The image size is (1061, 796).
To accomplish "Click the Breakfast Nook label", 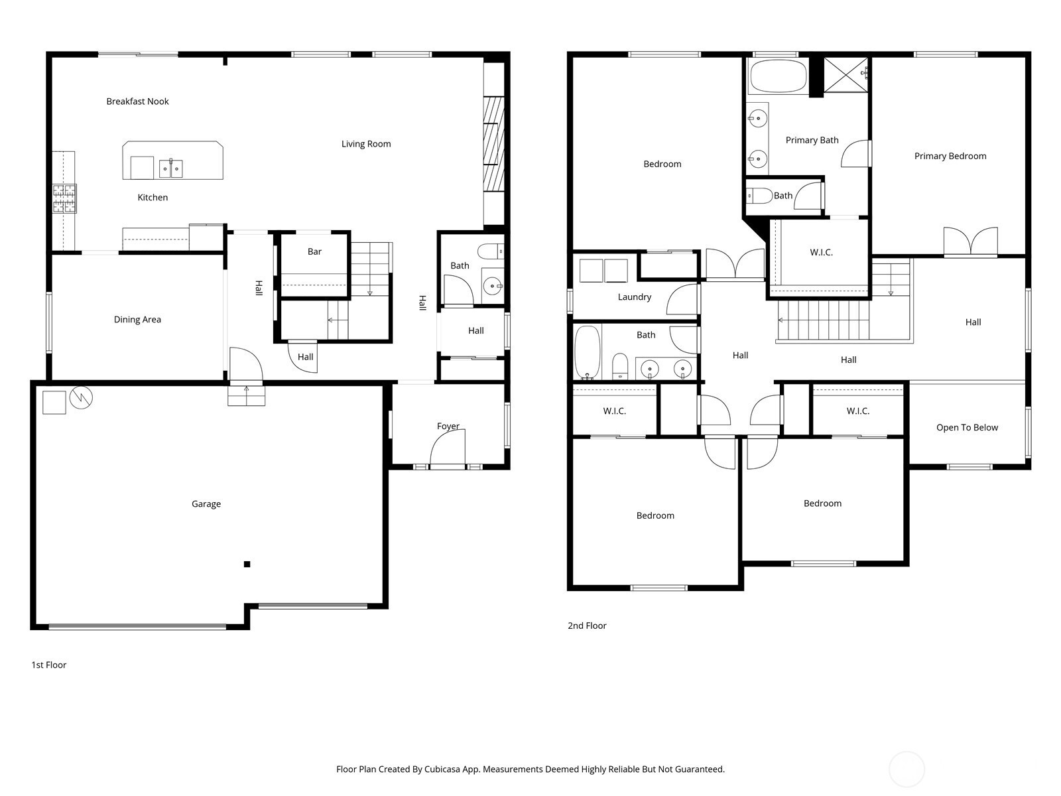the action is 137,101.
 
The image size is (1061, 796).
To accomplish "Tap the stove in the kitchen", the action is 64,198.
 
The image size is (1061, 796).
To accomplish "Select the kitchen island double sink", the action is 170,168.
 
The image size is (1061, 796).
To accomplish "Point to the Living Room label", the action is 366,144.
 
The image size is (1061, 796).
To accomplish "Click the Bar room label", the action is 314,252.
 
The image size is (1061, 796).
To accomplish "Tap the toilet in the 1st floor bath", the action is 491,251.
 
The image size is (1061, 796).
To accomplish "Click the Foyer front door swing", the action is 448,447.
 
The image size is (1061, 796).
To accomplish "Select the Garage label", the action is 206,504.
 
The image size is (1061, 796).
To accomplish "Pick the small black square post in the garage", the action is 247,564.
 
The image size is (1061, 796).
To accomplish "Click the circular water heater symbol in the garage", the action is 81,398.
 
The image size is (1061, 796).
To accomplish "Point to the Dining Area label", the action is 137,320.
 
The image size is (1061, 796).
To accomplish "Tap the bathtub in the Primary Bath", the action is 778,76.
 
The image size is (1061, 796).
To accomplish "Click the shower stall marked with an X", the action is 846,75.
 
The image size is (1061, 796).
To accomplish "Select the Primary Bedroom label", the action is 950,156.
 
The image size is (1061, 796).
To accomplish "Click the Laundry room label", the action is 634,297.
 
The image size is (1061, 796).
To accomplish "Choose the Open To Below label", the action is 967,428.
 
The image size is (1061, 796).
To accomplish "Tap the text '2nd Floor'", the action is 587,626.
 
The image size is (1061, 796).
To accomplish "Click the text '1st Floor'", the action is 49,665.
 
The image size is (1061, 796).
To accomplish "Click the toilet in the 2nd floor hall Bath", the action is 619,367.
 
